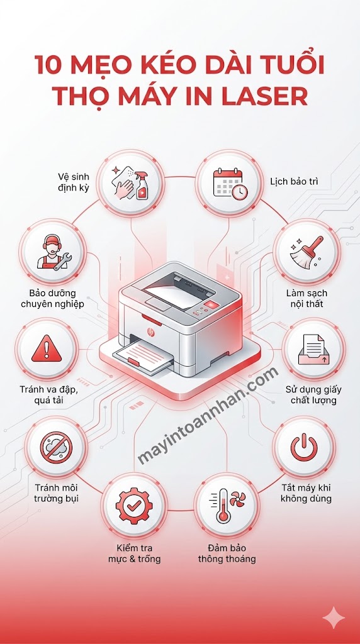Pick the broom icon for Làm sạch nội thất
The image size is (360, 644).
tap(307, 253)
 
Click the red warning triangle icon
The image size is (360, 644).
tap(43, 348)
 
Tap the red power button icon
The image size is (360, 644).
tap(303, 447)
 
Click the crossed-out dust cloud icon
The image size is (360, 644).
tap(55, 447)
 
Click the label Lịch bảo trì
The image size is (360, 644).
tap(294, 182)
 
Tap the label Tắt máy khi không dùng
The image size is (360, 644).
tap(307, 493)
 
